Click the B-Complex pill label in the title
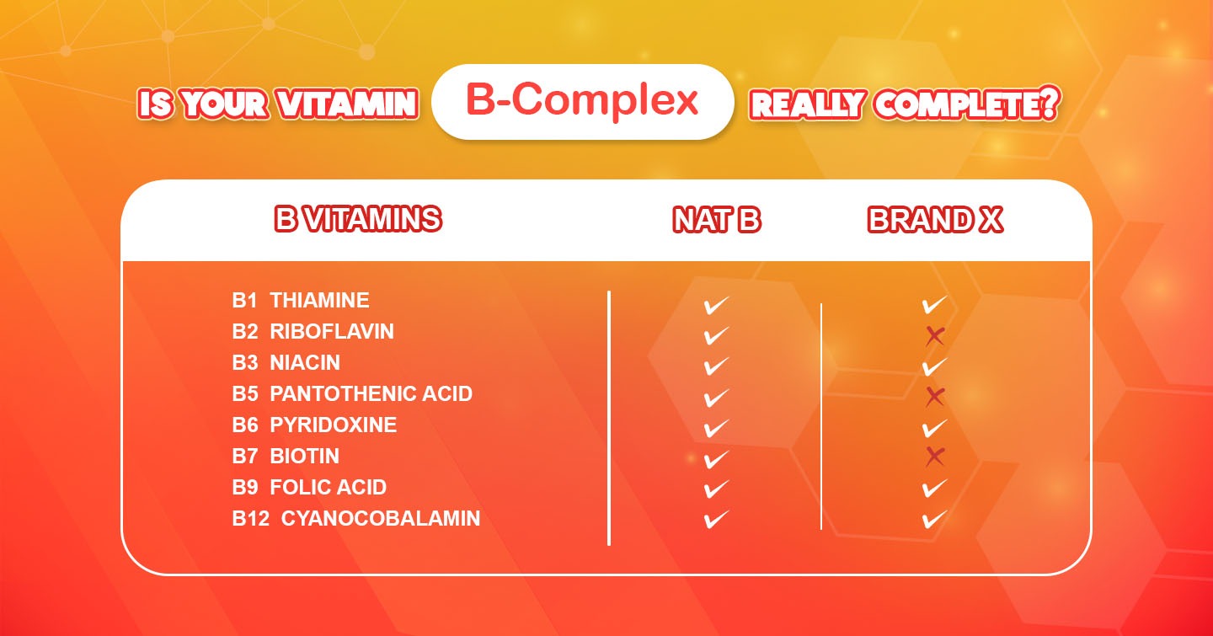pyautogui.click(x=582, y=101)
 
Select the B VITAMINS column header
pyautogui.click(x=358, y=220)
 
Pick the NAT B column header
pyautogui.click(x=716, y=220)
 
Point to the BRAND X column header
pyautogui.click(x=935, y=220)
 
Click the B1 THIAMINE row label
pyautogui.click(x=301, y=300)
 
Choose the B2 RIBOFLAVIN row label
pyautogui.click(x=313, y=331)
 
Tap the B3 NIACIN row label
pyautogui.click(x=286, y=362)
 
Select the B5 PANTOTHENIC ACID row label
pyautogui.click(x=352, y=393)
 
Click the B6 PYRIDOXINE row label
pyautogui.click(x=314, y=425)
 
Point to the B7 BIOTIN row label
pyautogui.click(x=286, y=456)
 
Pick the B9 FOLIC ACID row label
pyautogui.click(x=309, y=487)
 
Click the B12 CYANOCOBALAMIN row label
pyautogui.click(x=355, y=517)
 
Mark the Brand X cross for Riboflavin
pyautogui.click(x=934, y=336)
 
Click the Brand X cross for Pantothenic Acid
pyautogui.click(x=934, y=397)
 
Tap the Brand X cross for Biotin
pyautogui.click(x=934, y=457)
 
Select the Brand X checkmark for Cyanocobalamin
pyautogui.click(x=934, y=519)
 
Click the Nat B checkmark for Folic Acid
pyautogui.click(x=715, y=489)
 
